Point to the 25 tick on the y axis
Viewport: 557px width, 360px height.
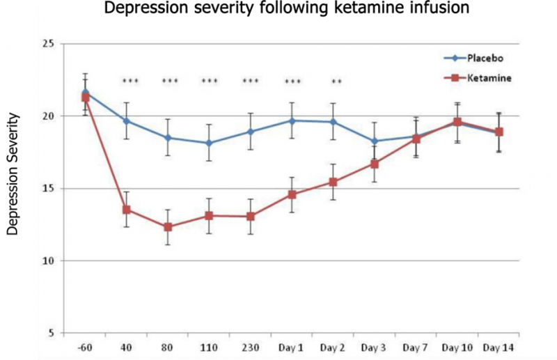click(48, 43)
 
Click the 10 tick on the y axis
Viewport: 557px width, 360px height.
click(48, 261)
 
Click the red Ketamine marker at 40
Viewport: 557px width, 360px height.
click(126, 210)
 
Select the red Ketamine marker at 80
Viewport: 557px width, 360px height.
click(168, 227)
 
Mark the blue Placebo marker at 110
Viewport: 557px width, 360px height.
click(209, 143)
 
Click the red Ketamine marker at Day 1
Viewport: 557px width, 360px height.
click(292, 194)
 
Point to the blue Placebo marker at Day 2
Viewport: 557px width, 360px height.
click(334, 122)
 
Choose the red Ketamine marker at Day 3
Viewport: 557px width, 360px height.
click(375, 164)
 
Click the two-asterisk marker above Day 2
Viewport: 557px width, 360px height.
click(336, 82)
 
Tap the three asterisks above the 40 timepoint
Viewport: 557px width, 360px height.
click(130, 82)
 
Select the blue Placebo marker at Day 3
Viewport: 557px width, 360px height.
click(375, 141)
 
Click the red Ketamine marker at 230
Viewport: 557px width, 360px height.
click(251, 216)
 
